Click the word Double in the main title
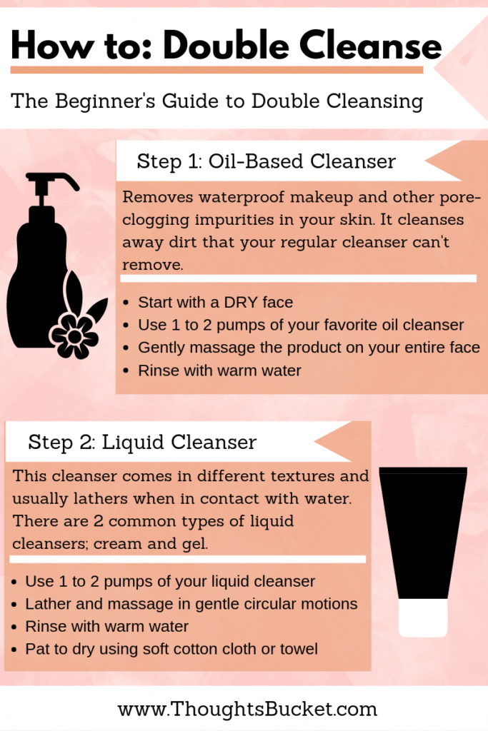[226, 45]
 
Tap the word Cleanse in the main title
[370, 45]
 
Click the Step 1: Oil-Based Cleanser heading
[266, 161]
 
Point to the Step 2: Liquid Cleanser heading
[142, 442]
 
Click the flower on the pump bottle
[74, 336]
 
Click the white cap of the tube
[423, 617]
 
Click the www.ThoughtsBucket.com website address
[247, 709]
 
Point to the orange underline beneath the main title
[216, 70]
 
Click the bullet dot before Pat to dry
[14, 650]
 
